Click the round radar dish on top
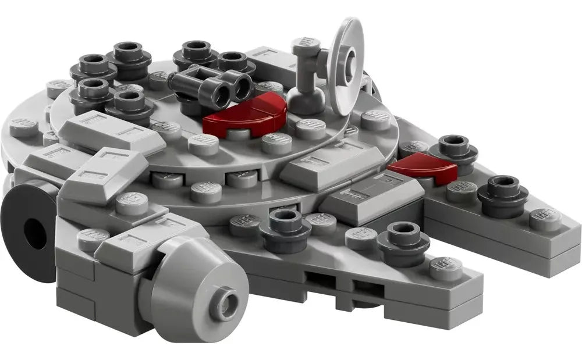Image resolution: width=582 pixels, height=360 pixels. coord(347,44)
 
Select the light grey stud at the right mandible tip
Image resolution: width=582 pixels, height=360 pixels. coord(545,218)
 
